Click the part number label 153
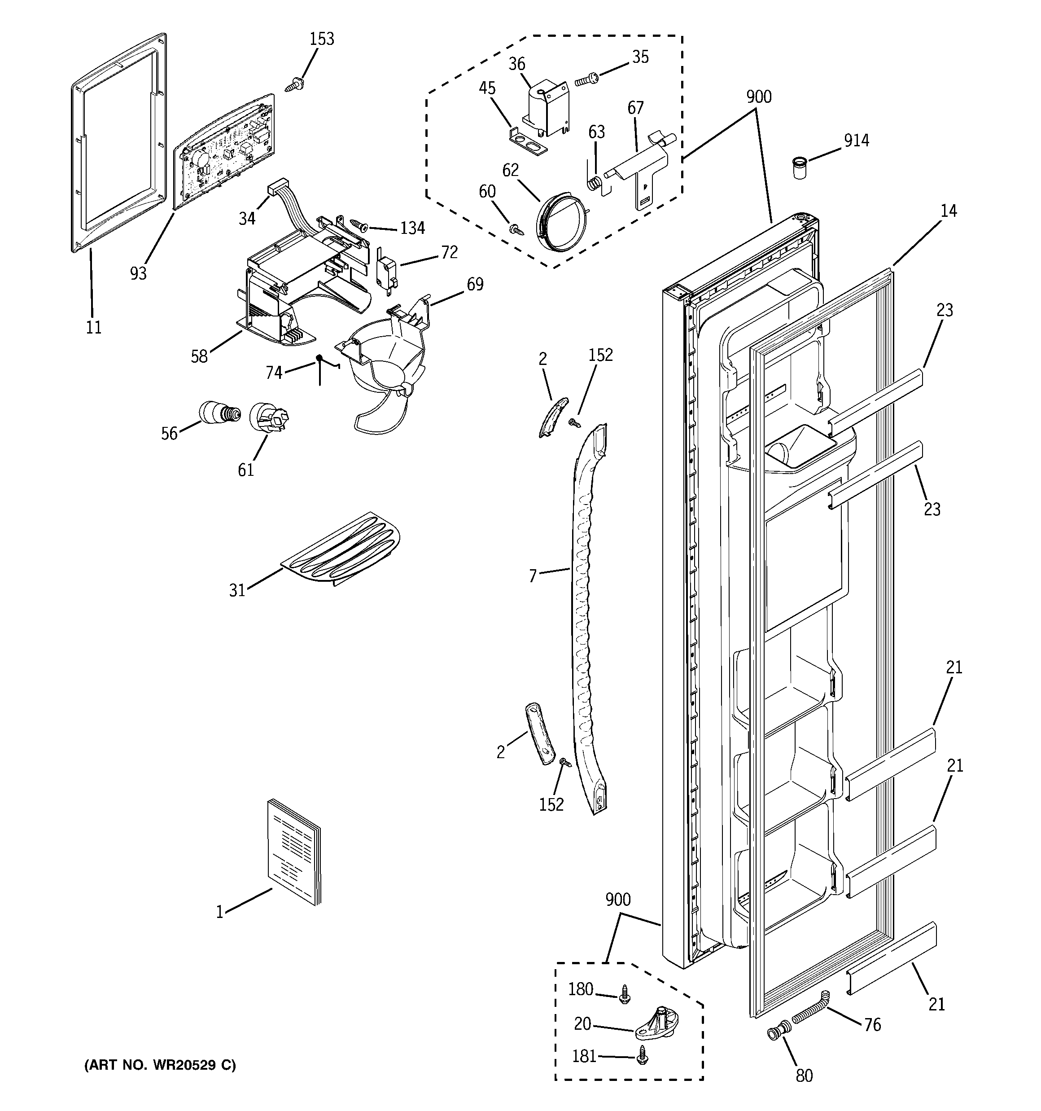tap(322, 39)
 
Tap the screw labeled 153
tap(295, 85)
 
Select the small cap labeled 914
tap(801, 167)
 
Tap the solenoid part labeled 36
tap(547, 109)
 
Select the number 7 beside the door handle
tap(533, 575)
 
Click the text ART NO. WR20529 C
tap(160, 1065)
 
